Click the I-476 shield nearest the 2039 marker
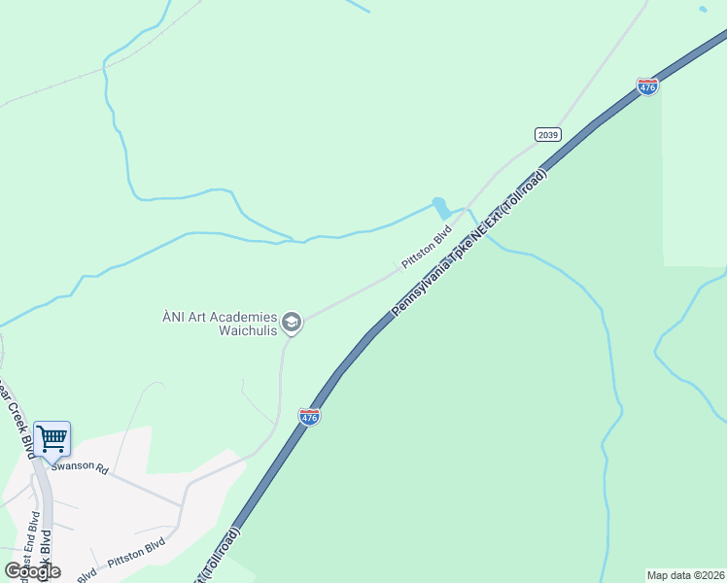tap(647, 86)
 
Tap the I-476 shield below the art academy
tap(309, 416)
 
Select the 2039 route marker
tap(548, 134)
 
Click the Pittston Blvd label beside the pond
tap(428, 249)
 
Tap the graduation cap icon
tap(292, 323)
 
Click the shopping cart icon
tap(52, 438)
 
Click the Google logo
tap(32, 570)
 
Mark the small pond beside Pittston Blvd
tap(442, 208)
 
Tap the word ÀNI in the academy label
tap(172, 316)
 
